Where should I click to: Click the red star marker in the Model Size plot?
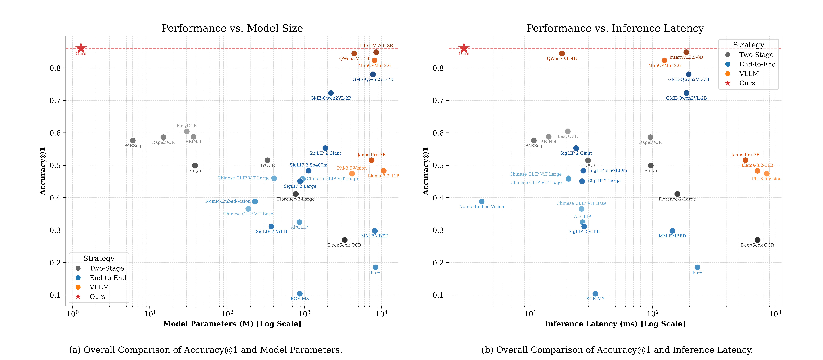[x=81, y=48]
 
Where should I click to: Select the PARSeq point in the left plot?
[x=133, y=141]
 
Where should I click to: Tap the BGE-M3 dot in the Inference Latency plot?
[x=595, y=294]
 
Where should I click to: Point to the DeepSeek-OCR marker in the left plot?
[x=344, y=240]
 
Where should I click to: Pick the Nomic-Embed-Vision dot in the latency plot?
[x=481, y=202]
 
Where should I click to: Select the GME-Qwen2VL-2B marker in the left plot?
[x=331, y=93]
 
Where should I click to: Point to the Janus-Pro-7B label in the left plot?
[x=371, y=155]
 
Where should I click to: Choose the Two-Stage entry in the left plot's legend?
[x=106, y=268]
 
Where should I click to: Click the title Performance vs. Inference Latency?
[x=615, y=28]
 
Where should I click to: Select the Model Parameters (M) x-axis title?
[x=232, y=324]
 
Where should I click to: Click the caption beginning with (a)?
[x=205, y=350]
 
